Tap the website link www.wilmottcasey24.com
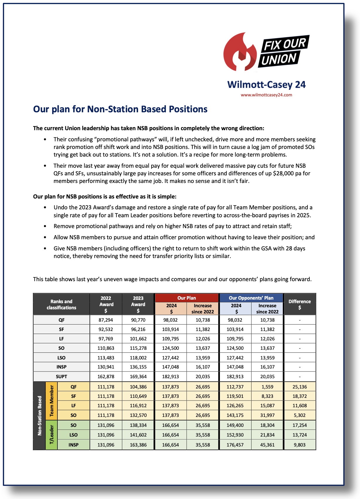pyautogui.click(x=266, y=95)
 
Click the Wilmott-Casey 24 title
pyautogui.click(x=266, y=85)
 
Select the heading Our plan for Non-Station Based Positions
pyautogui.click(x=120, y=109)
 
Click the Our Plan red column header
pyautogui.click(x=186, y=298)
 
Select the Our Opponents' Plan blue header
pyautogui.click(x=251, y=298)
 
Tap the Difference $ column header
pyautogui.click(x=299, y=304)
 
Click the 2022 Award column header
pyautogui.click(x=106, y=304)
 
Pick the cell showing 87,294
pyautogui.click(x=106, y=320)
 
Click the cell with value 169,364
pyautogui.click(x=138, y=376)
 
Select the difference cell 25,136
pyautogui.click(x=299, y=387)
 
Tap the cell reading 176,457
pyautogui.click(x=235, y=445)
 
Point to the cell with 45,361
pyautogui.click(x=267, y=445)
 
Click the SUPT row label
pyautogui.click(x=61, y=376)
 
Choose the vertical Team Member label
pyautogui.click(x=52, y=401)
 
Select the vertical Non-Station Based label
pyautogui.click(x=40, y=415)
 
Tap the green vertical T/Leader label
pyautogui.click(x=52, y=435)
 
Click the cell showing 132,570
pyautogui.click(x=138, y=415)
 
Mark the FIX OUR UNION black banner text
pyautogui.click(x=283, y=52)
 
